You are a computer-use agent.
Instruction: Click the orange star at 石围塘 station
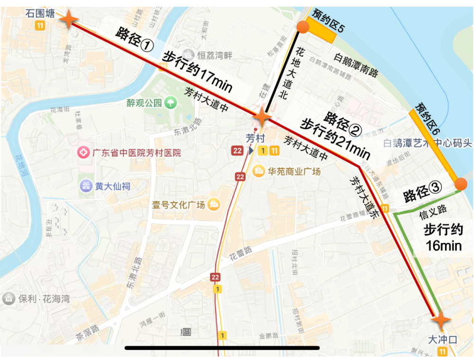point(68,19)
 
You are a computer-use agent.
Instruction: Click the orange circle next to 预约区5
point(302,28)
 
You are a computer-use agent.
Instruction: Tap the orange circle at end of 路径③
point(461,184)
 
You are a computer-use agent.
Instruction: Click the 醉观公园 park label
point(144,102)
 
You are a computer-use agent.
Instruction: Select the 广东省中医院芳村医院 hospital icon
point(84,153)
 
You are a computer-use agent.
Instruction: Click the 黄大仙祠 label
point(112,186)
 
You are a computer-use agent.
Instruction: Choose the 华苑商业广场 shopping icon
point(258,171)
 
